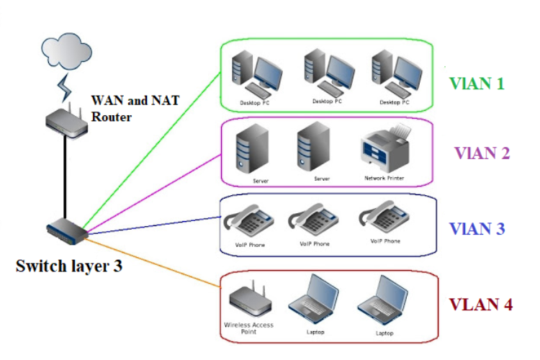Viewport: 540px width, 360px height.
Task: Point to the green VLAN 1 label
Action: pyautogui.click(x=476, y=83)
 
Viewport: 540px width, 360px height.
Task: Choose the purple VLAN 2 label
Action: pyautogui.click(x=482, y=153)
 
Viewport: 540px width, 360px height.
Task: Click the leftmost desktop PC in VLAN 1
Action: pyautogui.click(x=255, y=75)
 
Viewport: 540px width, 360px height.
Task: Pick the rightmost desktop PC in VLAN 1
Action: pyautogui.click(x=393, y=75)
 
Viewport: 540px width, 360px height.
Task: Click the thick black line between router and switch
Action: pyautogui.click(x=66, y=176)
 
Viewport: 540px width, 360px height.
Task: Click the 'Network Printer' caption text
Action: pyautogui.click(x=384, y=177)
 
